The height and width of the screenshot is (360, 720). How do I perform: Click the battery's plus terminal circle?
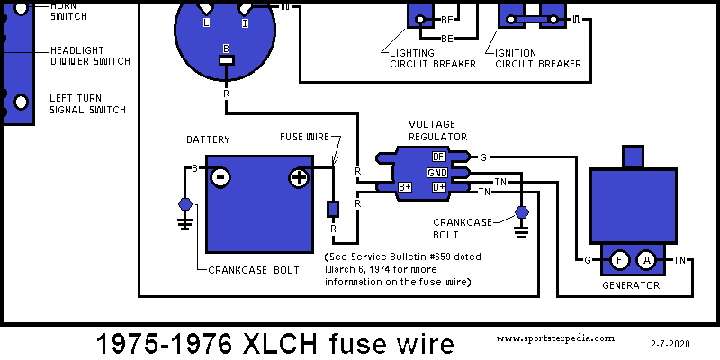coord(298,177)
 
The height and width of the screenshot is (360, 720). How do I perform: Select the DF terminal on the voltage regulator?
coord(439,157)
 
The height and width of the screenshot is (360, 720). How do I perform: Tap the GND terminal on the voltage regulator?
coord(436,172)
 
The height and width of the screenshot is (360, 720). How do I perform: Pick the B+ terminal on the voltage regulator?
coord(405,187)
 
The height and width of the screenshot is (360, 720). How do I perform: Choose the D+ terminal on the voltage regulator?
coord(439,187)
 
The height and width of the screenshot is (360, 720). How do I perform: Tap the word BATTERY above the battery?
coord(208,139)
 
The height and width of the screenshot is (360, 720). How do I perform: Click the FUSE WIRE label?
coord(303,137)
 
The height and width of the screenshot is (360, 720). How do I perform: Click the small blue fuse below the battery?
coord(331,209)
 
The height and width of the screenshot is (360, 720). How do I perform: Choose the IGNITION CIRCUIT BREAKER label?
coord(537,58)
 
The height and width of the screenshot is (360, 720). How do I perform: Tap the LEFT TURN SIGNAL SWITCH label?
coord(87,103)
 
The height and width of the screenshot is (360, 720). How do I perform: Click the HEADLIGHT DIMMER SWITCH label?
coord(90,56)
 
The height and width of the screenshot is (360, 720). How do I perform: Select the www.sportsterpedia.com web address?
coord(555,338)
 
